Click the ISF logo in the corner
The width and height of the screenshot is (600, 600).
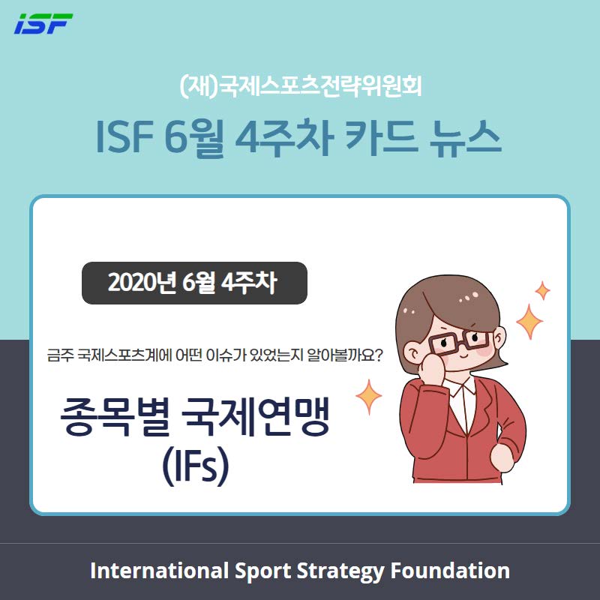43,23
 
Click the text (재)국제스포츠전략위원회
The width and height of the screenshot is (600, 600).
301,86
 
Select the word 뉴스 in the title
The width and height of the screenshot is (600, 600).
465,137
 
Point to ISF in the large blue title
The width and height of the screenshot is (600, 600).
124,137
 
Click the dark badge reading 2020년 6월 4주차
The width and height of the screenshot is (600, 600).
194,283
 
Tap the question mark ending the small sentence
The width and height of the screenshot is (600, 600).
377,355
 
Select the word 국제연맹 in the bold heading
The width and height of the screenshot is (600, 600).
255,417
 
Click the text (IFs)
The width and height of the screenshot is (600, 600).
196,466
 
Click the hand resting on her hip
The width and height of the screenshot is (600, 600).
502,457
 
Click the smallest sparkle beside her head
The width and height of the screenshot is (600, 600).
542,290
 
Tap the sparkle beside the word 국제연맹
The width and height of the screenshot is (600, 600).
369,397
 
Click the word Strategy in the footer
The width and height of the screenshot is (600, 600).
340,571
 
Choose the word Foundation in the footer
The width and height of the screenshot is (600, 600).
450,571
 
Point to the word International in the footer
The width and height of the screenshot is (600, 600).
159,571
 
